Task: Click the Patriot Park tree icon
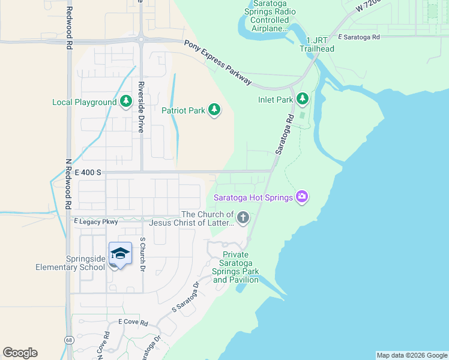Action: (214, 110)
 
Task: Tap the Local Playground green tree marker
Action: (125, 102)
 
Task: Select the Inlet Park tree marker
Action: (302, 98)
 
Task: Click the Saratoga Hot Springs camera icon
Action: (302, 197)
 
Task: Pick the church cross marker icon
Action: (243, 218)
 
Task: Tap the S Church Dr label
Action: (143, 252)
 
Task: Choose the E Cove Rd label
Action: (133, 322)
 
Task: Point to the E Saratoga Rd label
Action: (359, 37)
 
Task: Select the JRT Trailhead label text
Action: (316, 45)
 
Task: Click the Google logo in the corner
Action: (20, 352)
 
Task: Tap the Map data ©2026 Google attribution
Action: (412, 355)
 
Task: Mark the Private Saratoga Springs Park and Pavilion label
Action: (236, 268)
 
